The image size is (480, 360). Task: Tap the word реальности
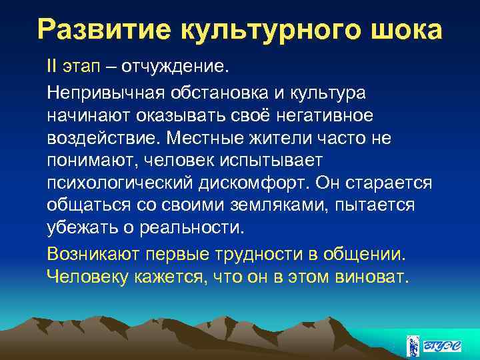tap(193, 227)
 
